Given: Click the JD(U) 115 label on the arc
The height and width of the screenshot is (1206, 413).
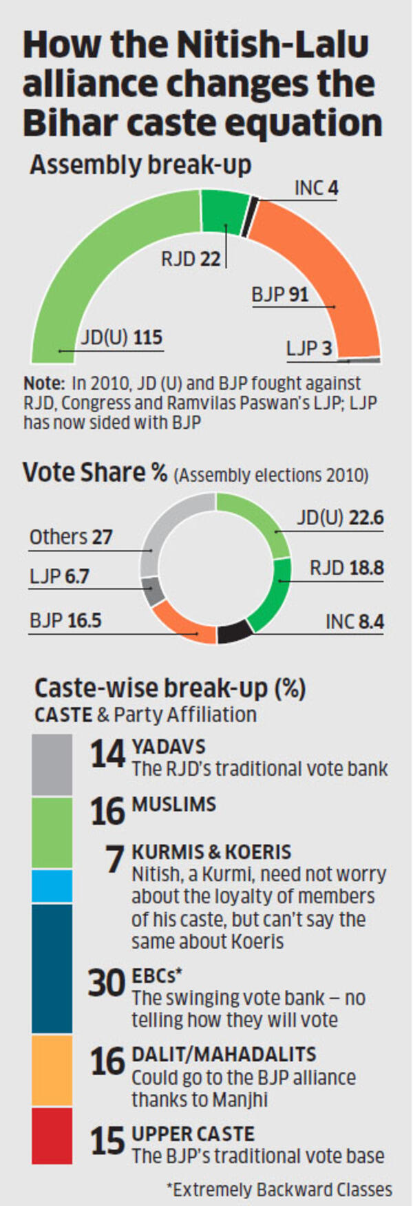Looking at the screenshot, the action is pyautogui.click(x=122, y=338).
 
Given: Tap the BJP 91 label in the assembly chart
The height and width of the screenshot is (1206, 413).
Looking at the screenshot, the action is pyautogui.click(x=280, y=295).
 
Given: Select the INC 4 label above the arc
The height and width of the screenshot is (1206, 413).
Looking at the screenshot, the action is pyautogui.click(x=317, y=188).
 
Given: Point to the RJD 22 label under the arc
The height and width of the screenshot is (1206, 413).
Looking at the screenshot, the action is pyautogui.click(x=191, y=259).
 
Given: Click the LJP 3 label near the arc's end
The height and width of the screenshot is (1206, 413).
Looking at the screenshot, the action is pyautogui.click(x=309, y=348).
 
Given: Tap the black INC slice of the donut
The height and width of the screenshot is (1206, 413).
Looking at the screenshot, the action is pyautogui.click(x=235, y=632).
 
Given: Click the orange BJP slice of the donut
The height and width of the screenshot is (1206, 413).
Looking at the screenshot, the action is pyautogui.click(x=180, y=624).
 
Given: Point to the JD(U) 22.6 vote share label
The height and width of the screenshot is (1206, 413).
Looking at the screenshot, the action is pyautogui.click(x=340, y=518).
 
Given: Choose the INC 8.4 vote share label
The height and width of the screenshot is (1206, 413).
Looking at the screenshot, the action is pyautogui.click(x=354, y=622).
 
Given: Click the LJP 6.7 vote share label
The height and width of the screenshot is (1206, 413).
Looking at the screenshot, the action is pyautogui.click(x=59, y=576).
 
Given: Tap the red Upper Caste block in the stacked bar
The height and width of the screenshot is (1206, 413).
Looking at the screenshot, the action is pyautogui.click(x=52, y=1136).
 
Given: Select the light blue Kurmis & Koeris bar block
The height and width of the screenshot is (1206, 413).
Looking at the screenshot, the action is pyautogui.click(x=52, y=886).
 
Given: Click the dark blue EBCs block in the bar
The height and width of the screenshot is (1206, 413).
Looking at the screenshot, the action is pyautogui.click(x=52, y=969).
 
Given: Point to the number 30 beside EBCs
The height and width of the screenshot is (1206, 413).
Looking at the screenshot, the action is pyautogui.click(x=107, y=983).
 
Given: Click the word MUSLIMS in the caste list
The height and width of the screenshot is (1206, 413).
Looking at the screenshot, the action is pyautogui.click(x=173, y=804).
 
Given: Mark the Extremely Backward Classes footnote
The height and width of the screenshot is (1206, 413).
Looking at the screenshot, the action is pyautogui.click(x=279, y=1189).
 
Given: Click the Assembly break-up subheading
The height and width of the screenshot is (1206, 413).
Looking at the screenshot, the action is pyautogui.click(x=140, y=165).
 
